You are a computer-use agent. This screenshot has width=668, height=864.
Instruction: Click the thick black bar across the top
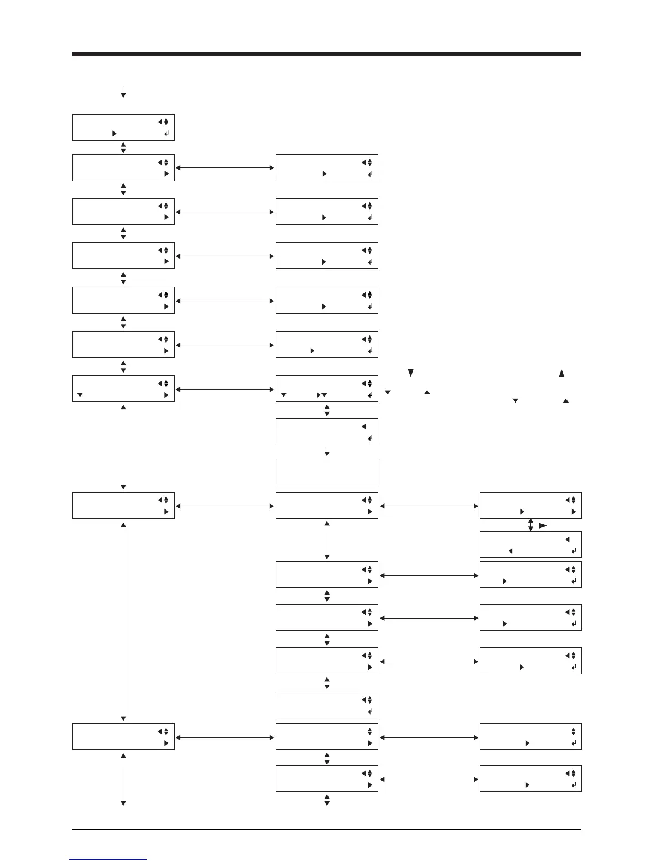pyautogui.click(x=326, y=55)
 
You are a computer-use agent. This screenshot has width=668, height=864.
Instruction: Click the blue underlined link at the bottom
pyautogui.click(x=108, y=860)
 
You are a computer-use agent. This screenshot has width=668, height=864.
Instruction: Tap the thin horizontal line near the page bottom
pyautogui.click(x=326, y=831)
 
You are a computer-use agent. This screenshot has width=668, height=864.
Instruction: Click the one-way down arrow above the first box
pyautogui.click(x=123, y=92)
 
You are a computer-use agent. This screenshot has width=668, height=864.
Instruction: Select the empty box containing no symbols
pyautogui.click(x=326, y=472)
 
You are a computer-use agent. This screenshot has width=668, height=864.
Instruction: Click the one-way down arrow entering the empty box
pyautogui.click(x=327, y=452)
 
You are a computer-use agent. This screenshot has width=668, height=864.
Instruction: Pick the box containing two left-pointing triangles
pyautogui.click(x=530, y=544)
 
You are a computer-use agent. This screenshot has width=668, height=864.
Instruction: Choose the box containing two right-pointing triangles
pyautogui.click(x=530, y=505)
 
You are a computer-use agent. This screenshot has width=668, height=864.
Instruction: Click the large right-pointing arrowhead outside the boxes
pyautogui.click(x=543, y=525)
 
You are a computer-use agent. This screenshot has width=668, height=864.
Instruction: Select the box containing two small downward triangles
pyautogui.click(x=326, y=388)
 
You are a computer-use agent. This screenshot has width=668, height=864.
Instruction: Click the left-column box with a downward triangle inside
pyautogui.click(x=123, y=388)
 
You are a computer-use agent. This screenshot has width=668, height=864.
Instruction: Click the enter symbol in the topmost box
pyautogui.click(x=166, y=133)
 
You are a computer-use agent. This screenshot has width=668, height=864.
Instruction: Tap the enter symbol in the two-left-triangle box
pyautogui.click(x=574, y=551)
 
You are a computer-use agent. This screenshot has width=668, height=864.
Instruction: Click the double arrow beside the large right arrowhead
pyautogui.click(x=530, y=525)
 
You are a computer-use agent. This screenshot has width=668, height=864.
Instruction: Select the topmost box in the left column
pyautogui.click(x=123, y=127)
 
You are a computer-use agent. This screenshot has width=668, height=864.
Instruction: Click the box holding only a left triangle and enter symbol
pyautogui.click(x=326, y=431)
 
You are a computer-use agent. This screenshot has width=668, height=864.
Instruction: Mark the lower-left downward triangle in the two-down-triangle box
pyautogui.click(x=284, y=395)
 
